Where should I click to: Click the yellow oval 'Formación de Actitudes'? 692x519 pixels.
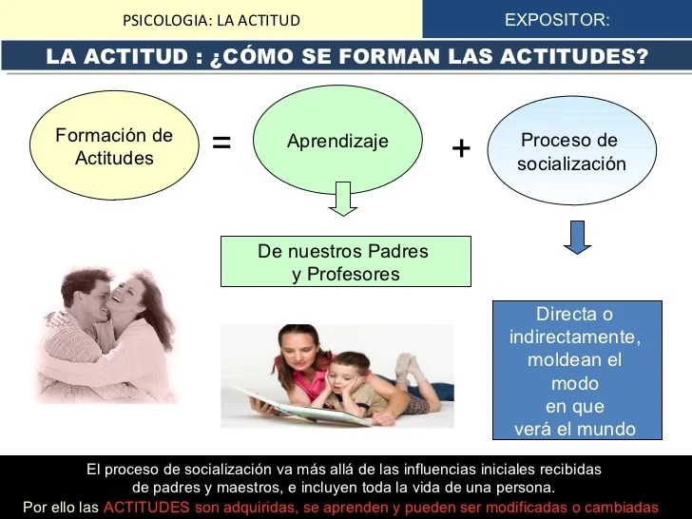tap(114, 145)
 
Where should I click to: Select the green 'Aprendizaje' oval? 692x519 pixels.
tap(337, 140)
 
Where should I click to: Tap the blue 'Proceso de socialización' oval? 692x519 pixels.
tap(572, 150)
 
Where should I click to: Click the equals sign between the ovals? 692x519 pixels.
tap(221, 143)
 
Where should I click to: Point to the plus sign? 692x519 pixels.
tap(461, 148)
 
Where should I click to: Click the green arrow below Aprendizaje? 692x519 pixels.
tap(343, 199)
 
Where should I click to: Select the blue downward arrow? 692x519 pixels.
tap(577, 238)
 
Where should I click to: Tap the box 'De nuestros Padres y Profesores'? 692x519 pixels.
tap(346, 261)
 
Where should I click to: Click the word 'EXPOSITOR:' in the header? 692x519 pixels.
tap(557, 20)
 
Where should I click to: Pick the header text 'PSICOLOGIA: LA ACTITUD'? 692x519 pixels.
tap(211, 20)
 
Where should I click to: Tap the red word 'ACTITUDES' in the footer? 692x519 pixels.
tap(146, 507)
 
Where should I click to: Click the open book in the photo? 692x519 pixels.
tap(304, 408)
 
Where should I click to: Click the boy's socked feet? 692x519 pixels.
tap(407, 367)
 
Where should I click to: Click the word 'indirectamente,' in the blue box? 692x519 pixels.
tap(575, 337)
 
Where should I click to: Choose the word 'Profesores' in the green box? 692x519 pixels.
tap(354, 274)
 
